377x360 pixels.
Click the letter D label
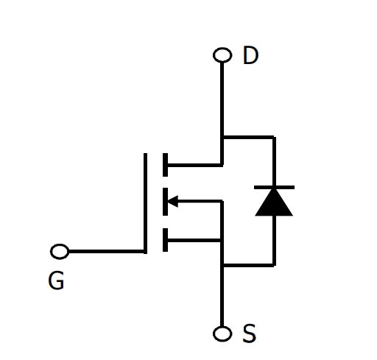click(250, 55)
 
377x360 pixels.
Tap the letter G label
click(56, 280)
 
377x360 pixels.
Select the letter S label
click(250, 333)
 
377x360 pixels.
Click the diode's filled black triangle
click(274, 202)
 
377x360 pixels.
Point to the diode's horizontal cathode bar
click(274, 188)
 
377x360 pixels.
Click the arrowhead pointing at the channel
click(172, 201)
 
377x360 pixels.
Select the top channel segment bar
click(165, 165)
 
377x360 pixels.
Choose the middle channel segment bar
click(165, 202)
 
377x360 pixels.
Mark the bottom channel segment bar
click(165, 240)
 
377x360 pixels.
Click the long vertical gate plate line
click(145, 203)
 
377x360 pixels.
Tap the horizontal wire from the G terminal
click(106, 252)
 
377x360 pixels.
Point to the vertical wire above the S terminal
click(222, 264)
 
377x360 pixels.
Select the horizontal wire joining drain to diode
click(248, 137)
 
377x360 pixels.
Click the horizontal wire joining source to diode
click(248, 265)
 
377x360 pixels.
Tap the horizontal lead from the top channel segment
click(194, 165)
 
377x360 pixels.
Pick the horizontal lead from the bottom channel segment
click(194, 240)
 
